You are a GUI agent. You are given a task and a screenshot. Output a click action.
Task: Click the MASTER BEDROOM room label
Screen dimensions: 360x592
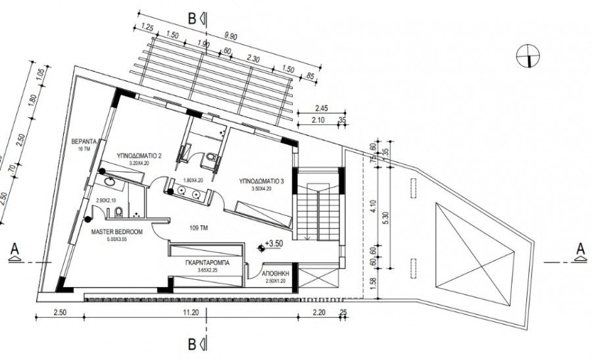116,232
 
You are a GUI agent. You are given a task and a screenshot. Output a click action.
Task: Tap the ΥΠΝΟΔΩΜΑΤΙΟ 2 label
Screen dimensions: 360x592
139,156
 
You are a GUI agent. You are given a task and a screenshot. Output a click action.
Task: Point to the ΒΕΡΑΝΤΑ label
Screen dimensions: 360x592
84,141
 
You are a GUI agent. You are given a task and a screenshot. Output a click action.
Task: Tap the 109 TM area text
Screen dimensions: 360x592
199,228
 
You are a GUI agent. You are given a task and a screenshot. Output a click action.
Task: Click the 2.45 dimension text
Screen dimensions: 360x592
321,107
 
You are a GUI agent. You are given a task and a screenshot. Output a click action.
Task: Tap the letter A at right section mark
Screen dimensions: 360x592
580,249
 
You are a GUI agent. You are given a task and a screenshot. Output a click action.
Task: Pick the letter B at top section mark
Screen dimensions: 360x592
192,19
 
